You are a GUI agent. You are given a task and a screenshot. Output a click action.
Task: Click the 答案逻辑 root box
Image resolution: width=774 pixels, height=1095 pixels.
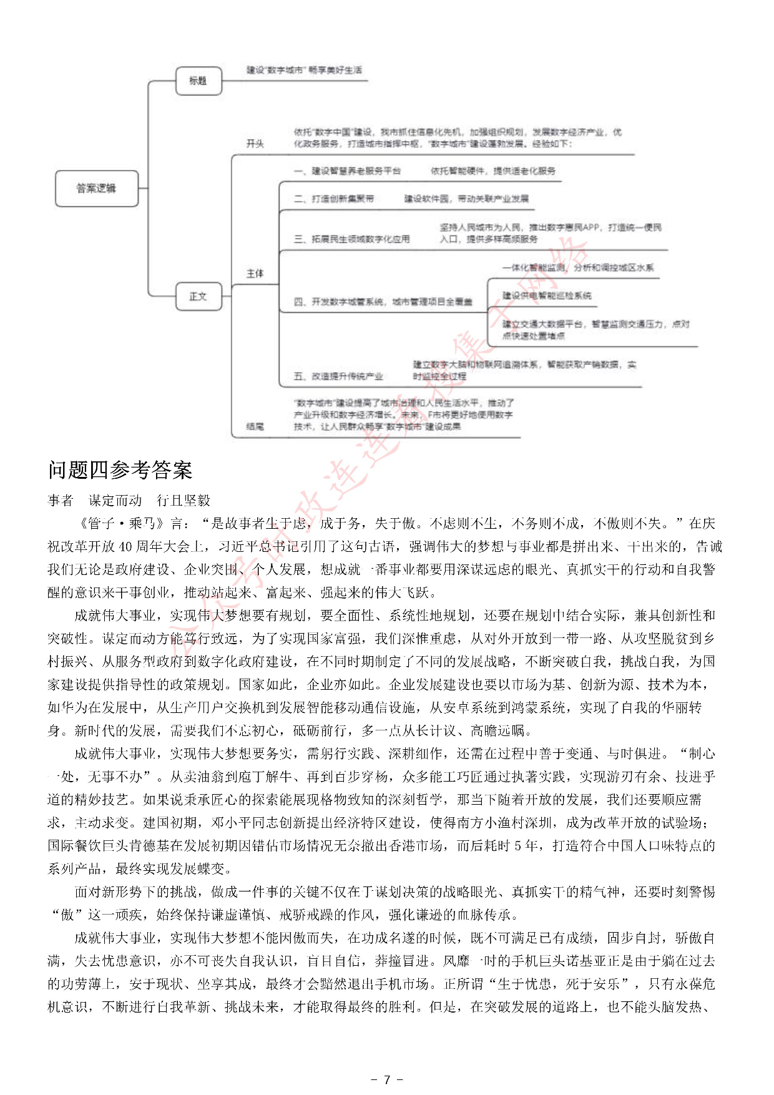click(x=96, y=188)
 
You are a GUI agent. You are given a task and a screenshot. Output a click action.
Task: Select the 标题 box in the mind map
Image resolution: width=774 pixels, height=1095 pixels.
click(x=198, y=81)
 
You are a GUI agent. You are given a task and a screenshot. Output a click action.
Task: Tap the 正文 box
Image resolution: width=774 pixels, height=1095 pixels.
click(x=198, y=296)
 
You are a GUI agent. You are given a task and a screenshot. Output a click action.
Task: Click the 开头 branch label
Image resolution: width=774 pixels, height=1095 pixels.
click(x=255, y=144)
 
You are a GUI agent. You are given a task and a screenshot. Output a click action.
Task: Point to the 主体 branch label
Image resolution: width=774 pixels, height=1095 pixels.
click(x=255, y=273)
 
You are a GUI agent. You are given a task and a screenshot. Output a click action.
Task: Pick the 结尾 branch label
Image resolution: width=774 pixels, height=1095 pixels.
click(x=255, y=426)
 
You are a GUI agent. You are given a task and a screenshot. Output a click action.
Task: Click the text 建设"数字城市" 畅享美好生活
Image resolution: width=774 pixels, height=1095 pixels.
click(x=304, y=70)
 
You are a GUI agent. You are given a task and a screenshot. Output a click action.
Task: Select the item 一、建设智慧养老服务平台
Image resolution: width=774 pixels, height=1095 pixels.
click(x=347, y=171)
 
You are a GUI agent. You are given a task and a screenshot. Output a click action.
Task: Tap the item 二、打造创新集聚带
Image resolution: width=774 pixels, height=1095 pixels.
click(x=334, y=199)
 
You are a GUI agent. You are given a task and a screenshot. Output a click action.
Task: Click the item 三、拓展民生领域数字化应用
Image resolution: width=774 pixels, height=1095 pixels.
click(x=352, y=239)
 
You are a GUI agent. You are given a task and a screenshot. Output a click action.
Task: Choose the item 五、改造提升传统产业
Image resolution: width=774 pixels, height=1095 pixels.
click(x=338, y=376)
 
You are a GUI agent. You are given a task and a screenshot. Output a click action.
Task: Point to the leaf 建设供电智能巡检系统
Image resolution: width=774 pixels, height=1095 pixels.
click(x=547, y=296)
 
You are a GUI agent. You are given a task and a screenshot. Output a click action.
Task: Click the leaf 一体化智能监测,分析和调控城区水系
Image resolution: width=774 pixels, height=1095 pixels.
click(x=578, y=268)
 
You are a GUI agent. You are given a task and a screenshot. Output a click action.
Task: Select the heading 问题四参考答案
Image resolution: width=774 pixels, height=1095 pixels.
click(x=120, y=470)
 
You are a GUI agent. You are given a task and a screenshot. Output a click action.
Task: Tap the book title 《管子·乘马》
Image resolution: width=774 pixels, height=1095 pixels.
click(x=120, y=524)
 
